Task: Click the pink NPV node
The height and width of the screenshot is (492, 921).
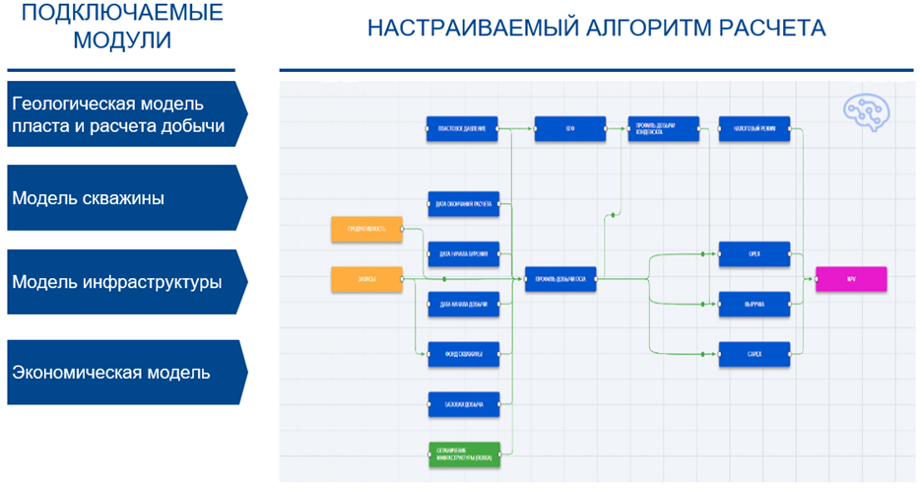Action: (x=851, y=279)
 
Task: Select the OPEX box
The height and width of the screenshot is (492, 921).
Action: (x=755, y=254)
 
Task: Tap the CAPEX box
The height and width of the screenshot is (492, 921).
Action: (x=755, y=354)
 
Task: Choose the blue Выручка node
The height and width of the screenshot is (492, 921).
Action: (x=755, y=305)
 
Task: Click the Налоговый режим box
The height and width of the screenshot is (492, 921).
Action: (x=755, y=129)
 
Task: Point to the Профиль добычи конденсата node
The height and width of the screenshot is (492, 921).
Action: (x=663, y=129)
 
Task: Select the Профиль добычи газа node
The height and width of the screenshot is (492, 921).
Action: (x=560, y=279)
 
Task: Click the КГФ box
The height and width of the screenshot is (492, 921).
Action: (x=569, y=129)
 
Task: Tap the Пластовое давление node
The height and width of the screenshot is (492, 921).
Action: (x=463, y=129)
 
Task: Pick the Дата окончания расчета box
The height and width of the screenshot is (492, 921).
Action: (x=463, y=204)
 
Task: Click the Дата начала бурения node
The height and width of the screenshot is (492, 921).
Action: (x=463, y=254)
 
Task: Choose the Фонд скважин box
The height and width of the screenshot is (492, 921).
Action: (x=463, y=354)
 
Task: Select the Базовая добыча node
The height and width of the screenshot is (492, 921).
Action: (x=463, y=404)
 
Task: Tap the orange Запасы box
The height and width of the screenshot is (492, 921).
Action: (x=366, y=279)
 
